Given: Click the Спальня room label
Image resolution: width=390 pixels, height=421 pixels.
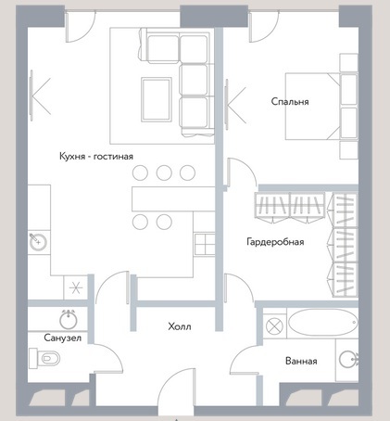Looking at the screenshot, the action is (x=290, y=101).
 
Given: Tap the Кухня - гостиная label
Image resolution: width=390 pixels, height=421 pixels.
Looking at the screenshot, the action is (x=96, y=156).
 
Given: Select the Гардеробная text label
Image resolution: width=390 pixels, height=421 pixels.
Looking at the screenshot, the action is (x=275, y=241).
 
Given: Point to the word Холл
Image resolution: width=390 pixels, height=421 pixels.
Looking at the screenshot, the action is (x=180, y=326).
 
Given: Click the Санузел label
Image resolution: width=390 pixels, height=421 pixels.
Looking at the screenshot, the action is (x=63, y=338).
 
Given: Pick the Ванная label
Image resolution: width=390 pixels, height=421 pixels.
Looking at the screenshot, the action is (x=301, y=361).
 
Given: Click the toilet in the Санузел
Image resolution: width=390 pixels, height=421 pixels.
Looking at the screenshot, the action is (x=44, y=358).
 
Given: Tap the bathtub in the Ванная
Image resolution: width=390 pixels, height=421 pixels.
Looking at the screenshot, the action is (x=323, y=323).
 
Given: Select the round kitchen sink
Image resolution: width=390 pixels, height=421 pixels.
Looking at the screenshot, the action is (x=38, y=242).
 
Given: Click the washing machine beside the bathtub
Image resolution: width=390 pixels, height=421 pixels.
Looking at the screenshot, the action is (x=274, y=326).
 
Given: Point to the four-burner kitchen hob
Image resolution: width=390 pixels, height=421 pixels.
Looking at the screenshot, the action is (x=205, y=244).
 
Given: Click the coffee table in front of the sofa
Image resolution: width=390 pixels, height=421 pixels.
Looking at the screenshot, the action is (x=157, y=99).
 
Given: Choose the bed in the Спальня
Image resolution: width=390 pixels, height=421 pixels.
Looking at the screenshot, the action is (x=321, y=107).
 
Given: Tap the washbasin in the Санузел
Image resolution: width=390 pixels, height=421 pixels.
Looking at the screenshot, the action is (x=69, y=320).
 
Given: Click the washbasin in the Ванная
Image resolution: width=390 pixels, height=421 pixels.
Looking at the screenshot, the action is (x=348, y=360).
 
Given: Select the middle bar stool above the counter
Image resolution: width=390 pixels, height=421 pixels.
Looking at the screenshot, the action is (x=164, y=172).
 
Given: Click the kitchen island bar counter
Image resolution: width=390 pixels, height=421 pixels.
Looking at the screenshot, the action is (x=173, y=198).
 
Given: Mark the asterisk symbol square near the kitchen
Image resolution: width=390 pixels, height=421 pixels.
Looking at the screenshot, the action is (x=76, y=288).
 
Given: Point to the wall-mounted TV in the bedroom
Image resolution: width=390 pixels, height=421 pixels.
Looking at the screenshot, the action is (x=227, y=104).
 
